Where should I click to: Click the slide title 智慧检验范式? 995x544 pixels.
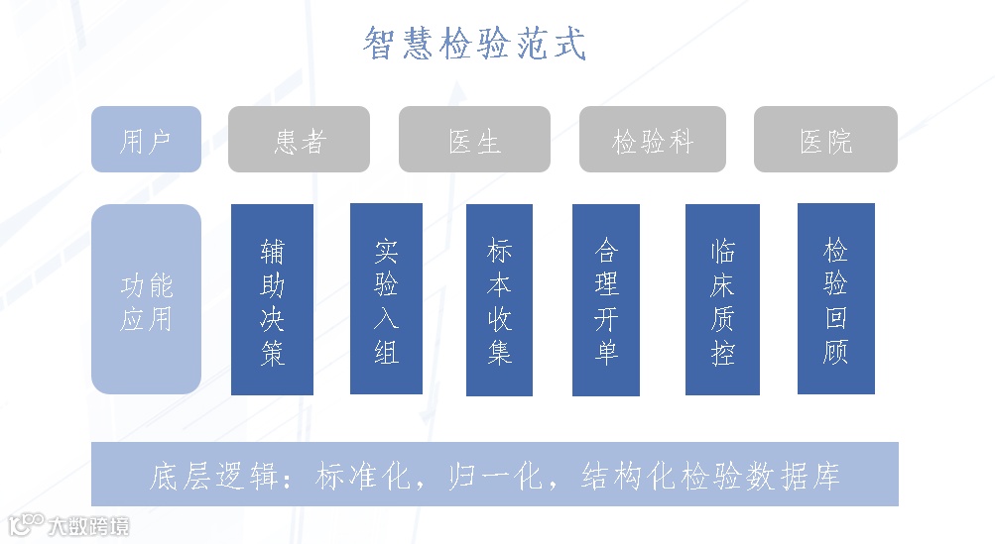(x=474, y=45)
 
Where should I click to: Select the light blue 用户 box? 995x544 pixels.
(x=146, y=140)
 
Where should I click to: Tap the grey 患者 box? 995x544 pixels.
(x=299, y=140)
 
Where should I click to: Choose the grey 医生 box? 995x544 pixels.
(x=474, y=140)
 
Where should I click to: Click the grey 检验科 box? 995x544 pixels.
(x=652, y=140)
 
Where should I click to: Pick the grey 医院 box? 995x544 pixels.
(x=825, y=140)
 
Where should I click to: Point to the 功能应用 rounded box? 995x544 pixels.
(x=146, y=300)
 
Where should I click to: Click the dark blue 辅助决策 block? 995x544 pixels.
(x=272, y=300)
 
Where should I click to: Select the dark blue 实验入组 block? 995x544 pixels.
(x=386, y=298)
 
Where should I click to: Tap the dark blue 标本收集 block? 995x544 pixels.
(x=499, y=300)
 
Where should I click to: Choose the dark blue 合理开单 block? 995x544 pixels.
(x=606, y=300)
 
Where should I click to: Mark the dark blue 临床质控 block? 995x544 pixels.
(x=722, y=300)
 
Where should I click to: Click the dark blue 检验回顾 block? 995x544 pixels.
(x=835, y=298)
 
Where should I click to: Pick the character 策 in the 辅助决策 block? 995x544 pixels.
(x=272, y=353)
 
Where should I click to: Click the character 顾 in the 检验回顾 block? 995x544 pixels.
(x=835, y=351)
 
